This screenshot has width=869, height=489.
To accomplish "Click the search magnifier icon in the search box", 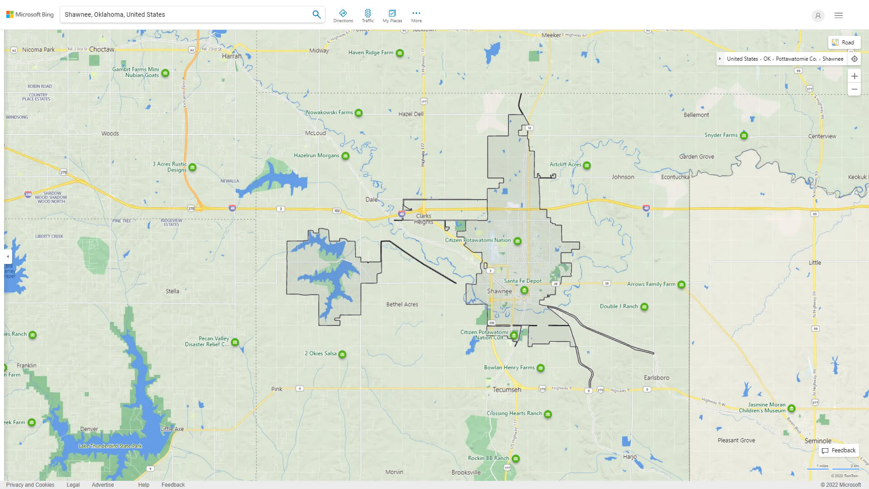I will [316, 14].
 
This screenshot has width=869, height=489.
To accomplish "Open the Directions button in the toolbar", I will [343, 16].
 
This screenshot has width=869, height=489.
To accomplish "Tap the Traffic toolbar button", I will [368, 16].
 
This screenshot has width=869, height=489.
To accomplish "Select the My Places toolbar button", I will [392, 16].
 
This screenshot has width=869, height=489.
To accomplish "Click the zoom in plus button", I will [854, 76].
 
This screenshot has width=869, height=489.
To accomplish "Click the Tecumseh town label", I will [507, 390].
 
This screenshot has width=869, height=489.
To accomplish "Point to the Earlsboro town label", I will [656, 378].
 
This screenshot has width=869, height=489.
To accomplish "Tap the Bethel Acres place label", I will [402, 304].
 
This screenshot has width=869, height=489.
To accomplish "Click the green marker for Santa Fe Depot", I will [524, 290].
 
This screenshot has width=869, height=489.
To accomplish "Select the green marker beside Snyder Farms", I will [744, 135].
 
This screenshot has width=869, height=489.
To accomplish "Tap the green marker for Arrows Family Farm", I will [682, 285].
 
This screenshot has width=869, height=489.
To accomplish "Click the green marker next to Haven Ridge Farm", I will [400, 53].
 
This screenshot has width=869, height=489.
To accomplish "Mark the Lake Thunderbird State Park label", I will [110, 446].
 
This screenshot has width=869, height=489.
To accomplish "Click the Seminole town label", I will [817, 441].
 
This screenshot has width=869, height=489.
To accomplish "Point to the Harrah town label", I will [232, 56].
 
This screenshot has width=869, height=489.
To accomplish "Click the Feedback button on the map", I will [839, 451].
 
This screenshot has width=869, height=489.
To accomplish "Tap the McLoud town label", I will [315, 133].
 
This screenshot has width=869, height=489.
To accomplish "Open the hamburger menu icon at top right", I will [839, 15].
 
